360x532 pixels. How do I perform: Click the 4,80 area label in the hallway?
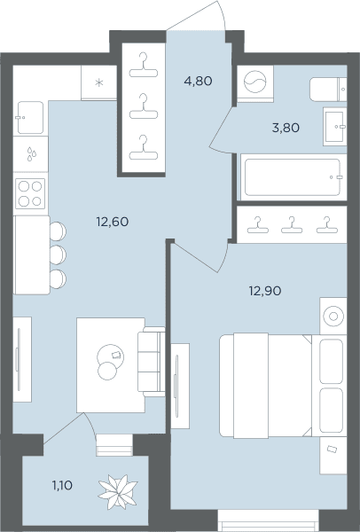(x=198, y=81)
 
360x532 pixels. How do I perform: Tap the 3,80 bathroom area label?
(x=286, y=128)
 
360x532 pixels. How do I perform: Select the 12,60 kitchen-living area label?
(x=113, y=222)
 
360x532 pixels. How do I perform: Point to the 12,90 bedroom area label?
(x=265, y=291)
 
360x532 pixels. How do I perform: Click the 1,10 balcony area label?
(x=62, y=486)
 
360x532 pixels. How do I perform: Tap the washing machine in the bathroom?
(x=255, y=83)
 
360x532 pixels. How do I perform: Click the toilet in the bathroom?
(x=328, y=90)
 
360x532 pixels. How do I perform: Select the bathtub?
(x=293, y=177)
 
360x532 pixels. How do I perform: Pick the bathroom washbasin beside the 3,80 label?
(x=334, y=127)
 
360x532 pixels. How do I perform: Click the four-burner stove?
(x=30, y=193)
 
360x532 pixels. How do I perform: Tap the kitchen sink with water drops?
(x=30, y=154)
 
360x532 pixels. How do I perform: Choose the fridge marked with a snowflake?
(x=98, y=82)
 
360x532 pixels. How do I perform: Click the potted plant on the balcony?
(x=118, y=491)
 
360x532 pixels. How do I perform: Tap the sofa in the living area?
(x=152, y=362)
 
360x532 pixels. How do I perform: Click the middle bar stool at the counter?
(x=58, y=254)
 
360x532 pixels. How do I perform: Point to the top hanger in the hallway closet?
(x=144, y=65)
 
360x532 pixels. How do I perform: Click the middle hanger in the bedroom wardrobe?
(x=292, y=225)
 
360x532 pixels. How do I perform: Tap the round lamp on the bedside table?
(x=333, y=317)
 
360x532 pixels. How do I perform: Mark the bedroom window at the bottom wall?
(x=268, y=520)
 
